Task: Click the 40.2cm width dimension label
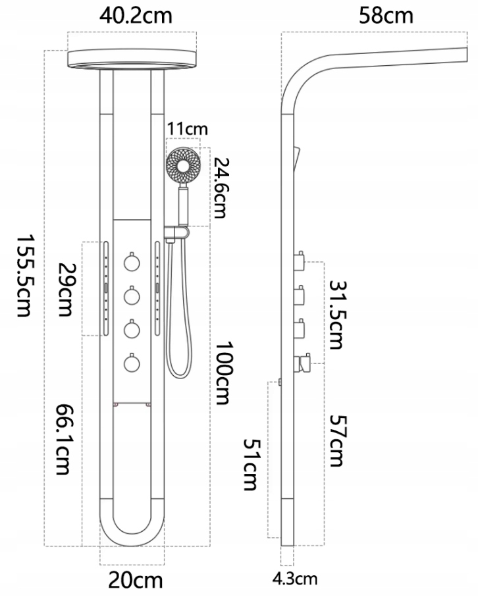tap(136, 16)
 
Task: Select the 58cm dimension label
tap(386, 16)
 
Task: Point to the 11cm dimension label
tap(188, 129)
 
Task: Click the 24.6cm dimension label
tap(220, 188)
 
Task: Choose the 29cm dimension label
tap(66, 290)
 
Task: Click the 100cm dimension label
tap(224, 373)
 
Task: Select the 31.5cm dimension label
tap(336, 315)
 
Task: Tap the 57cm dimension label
tap(336, 440)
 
